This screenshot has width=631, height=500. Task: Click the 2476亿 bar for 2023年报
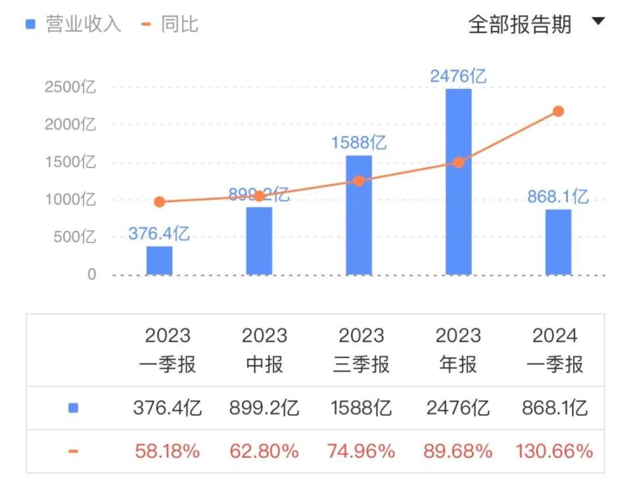point(458,184)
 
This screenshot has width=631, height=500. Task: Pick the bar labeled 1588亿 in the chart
point(358,217)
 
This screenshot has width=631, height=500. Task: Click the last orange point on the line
point(558,111)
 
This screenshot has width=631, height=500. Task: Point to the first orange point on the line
point(159,202)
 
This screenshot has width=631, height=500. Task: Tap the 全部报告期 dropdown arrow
point(597,22)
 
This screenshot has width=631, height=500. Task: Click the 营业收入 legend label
point(83,24)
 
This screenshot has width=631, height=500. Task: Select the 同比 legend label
point(179,24)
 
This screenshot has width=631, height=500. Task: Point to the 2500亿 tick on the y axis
point(70,87)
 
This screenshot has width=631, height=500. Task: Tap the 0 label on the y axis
point(91,275)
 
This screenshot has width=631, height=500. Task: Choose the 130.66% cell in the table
point(555,451)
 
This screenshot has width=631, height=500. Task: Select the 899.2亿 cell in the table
point(264,408)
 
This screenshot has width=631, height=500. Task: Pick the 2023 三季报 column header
point(362,350)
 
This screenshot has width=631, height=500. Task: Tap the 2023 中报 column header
point(264,350)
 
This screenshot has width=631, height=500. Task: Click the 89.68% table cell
point(459,451)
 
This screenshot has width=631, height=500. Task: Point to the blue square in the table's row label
point(73,408)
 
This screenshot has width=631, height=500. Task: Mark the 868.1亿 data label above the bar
point(557,196)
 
